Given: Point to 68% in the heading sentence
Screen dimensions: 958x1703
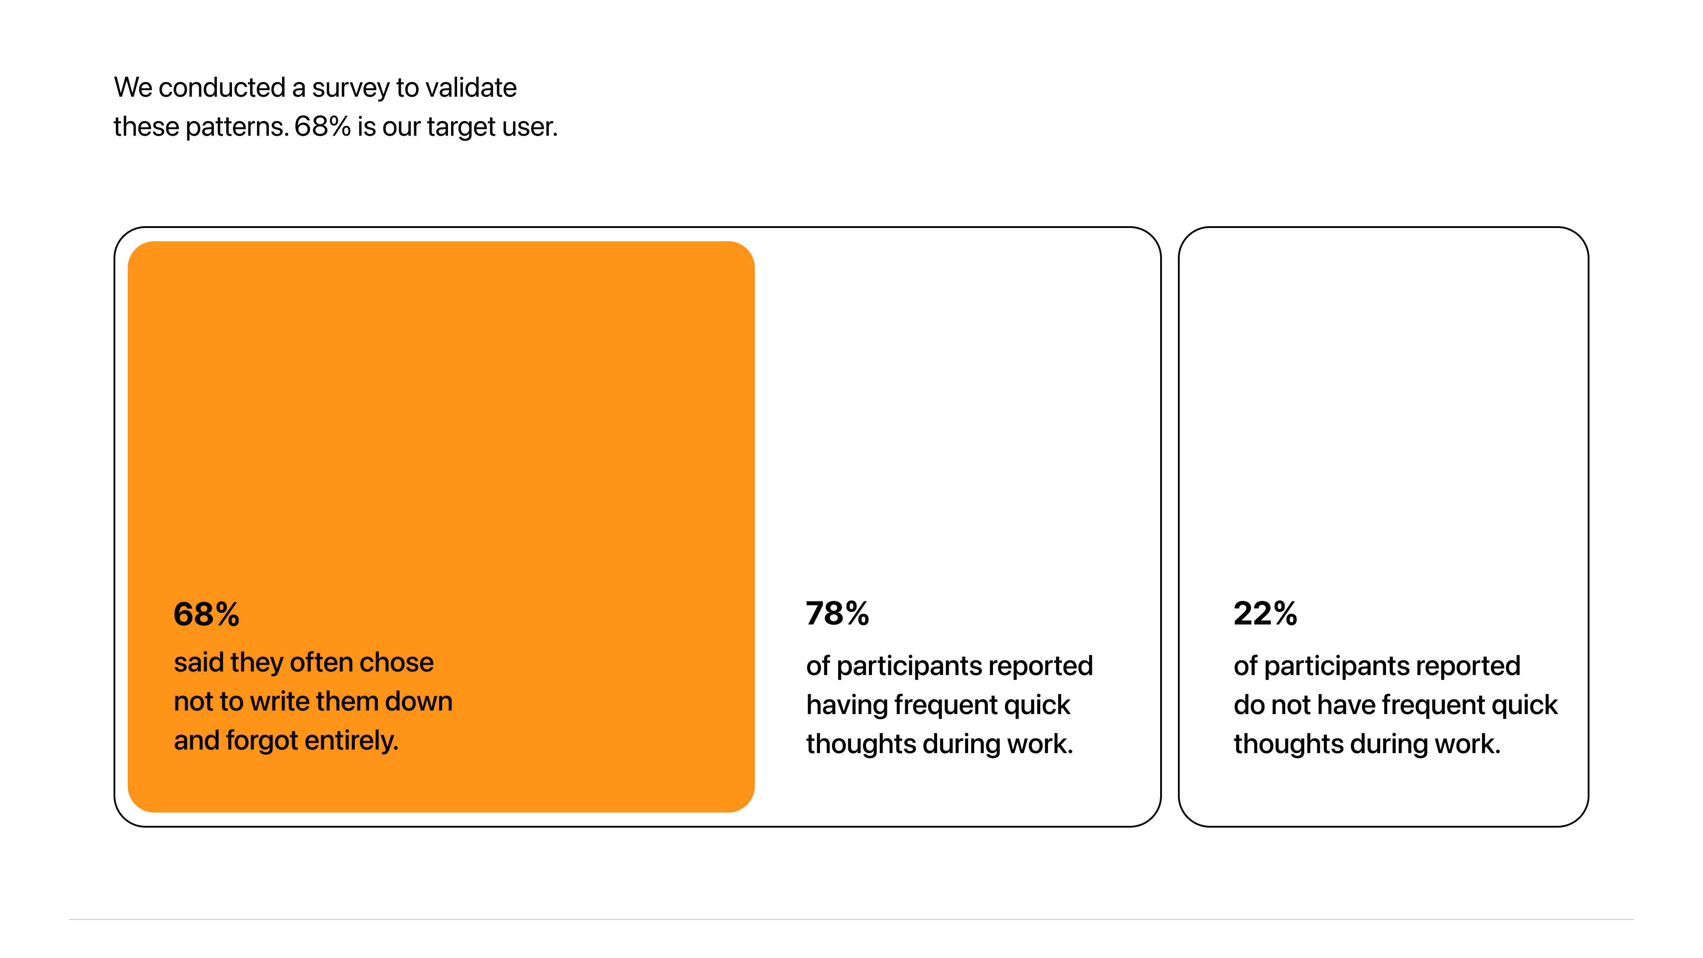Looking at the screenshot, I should (x=322, y=126).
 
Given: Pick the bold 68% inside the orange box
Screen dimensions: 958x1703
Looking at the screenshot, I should (x=206, y=614).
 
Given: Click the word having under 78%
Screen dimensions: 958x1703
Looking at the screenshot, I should (x=847, y=706).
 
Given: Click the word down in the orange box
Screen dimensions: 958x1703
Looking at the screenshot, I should (x=419, y=702).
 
